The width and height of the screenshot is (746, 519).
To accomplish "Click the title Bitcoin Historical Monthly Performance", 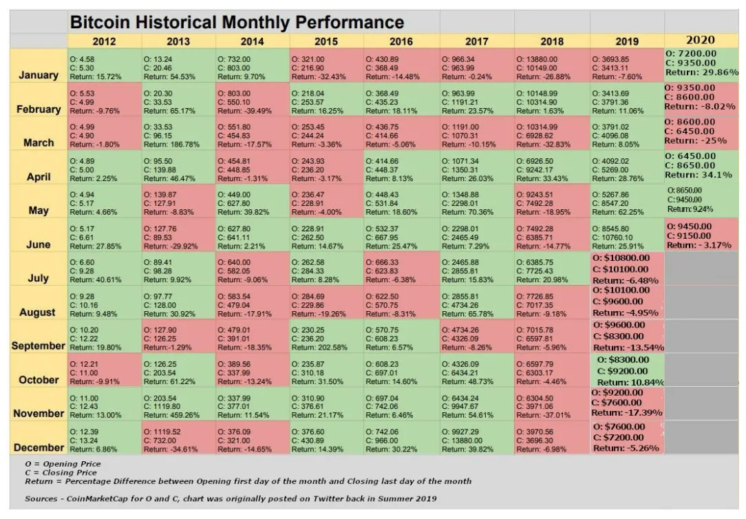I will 237,22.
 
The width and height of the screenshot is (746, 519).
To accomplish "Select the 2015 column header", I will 326,41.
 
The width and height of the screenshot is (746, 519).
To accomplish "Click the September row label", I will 39,346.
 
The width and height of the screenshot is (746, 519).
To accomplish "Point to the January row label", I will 39,75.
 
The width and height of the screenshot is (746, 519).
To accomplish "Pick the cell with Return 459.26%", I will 178,406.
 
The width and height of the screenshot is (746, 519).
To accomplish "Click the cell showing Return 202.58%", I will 326,339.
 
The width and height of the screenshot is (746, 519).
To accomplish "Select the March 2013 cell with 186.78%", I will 178,136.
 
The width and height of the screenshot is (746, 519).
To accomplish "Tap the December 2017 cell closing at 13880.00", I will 477,440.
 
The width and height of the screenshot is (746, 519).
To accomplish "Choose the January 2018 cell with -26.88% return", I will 552,68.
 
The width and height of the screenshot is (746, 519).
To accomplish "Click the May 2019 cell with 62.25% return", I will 626,203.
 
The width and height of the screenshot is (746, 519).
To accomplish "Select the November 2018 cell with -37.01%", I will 552,406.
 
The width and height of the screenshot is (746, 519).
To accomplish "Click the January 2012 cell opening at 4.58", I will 103,68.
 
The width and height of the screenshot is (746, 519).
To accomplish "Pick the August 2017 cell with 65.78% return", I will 477,305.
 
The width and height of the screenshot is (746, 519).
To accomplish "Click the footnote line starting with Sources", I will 231,498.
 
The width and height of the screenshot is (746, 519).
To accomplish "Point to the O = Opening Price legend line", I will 63,464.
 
